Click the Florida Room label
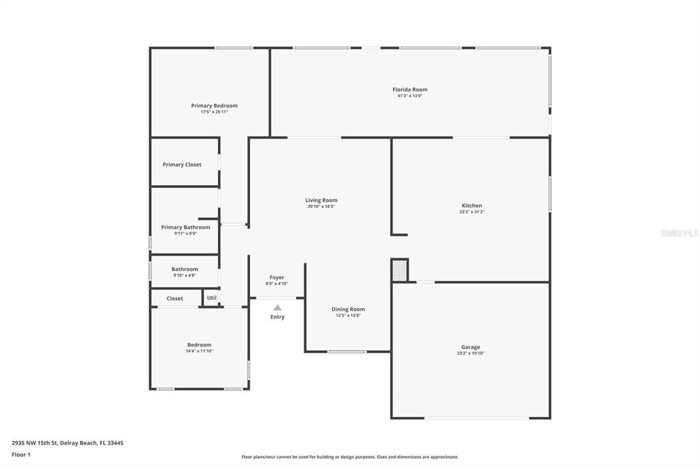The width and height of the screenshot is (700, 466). pyautogui.click(x=409, y=90)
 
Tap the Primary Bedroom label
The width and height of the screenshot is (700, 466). pyautogui.click(x=214, y=106)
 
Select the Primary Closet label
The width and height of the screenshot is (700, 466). pyautogui.click(x=182, y=165)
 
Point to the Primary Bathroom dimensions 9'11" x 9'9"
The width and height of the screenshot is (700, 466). pyautogui.click(x=185, y=234)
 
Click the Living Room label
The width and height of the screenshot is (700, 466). pyautogui.click(x=321, y=200)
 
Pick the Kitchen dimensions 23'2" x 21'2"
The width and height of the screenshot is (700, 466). pyautogui.click(x=472, y=212)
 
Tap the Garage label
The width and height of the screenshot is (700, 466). pyautogui.click(x=470, y=347)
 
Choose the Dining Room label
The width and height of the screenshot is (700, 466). pyautogui.click(x=348, y=309)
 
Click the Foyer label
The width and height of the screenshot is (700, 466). pyautogui.click(x=277, y=277)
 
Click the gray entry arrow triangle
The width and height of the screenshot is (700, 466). pyautogui.click(x=278, y=307)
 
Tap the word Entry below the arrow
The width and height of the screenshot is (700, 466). pyautogui.click(x=278, y=317)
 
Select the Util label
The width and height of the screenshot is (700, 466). pyautogui.click(x=212, y=298)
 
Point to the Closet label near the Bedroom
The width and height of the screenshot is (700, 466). pyautogui.click(x=175, y=299)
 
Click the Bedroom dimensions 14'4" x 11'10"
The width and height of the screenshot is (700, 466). pyautogui.click(x=200, y=351)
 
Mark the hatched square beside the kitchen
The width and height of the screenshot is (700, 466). pyautogui.click(x=400, y=270)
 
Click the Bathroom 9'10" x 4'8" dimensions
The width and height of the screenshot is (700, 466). pyautogui.click(x=185, y=275)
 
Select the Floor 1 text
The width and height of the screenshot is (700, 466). pyautogui.click(x=21, y=454)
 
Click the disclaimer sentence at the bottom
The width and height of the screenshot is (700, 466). pyautogui.click(x=349, y=457)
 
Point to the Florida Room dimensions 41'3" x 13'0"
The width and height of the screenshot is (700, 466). pyautogui.click(x=409, y=96)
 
